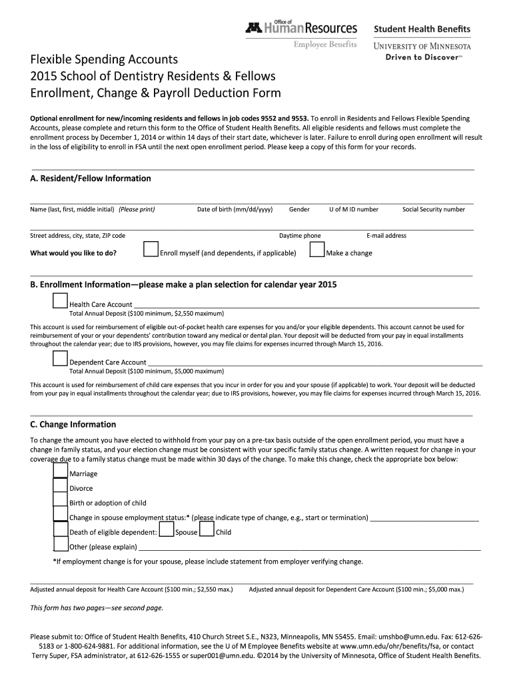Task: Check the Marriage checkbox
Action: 61,472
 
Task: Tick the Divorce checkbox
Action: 61,487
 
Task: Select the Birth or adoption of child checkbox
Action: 61,502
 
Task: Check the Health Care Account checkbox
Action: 61,302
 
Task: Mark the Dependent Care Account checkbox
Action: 61,360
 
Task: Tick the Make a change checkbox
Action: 317,250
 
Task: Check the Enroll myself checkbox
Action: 151,250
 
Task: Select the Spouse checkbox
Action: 167,530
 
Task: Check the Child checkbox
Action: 207,530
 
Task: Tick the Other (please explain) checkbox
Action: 61,545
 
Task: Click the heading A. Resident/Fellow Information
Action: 91,178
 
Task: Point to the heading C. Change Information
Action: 73,424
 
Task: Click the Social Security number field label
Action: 434,209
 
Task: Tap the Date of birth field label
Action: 235,209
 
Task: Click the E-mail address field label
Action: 386,235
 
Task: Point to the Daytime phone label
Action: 300,235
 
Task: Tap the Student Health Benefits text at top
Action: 421,29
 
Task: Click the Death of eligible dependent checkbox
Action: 61,530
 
